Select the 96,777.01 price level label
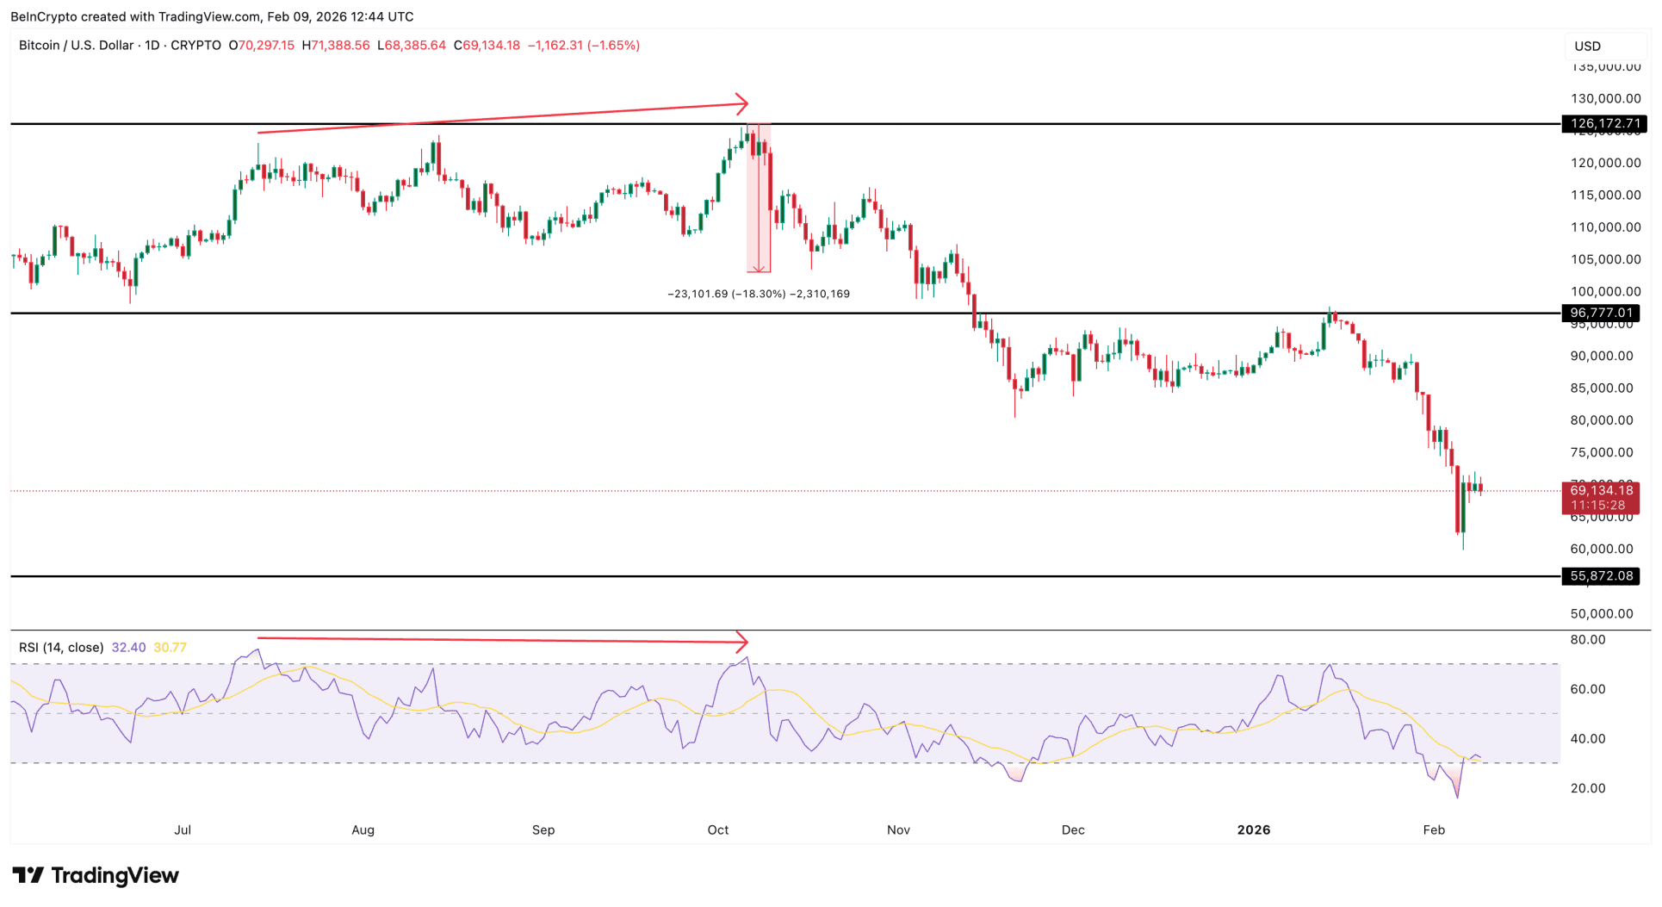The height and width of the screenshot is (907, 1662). tap(1601, 313)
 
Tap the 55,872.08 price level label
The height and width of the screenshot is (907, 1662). tap(1601, 576)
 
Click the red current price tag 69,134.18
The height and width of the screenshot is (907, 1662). tap(1601, 491)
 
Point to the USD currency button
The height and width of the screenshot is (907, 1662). tap(1588, 47)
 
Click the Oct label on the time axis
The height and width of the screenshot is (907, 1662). tap(718, 830)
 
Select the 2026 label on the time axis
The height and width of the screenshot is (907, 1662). tap(1254, 830)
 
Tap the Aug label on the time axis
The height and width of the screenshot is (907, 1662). tap(363, 830)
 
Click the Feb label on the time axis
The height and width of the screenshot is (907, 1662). tap(1434, 830)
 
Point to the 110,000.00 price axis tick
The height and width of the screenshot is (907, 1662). tap(1605, 227)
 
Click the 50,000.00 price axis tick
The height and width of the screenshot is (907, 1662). tap(1602, 614)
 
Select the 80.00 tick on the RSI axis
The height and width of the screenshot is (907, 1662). tap(1588, 640)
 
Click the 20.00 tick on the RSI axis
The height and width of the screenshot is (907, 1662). tap(1588, 788)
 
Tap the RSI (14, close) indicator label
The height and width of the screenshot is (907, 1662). tap(61, 648)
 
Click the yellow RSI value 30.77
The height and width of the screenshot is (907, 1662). tap(170, 648)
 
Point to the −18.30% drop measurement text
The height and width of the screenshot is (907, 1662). tap(759, 294)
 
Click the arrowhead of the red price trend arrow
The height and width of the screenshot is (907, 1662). tap(743, 104)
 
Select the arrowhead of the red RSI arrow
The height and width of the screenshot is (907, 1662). tap(743, 642)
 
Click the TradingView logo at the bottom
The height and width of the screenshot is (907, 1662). tap(96, 876)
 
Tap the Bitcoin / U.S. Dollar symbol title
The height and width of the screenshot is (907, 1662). tap(76, 46)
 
